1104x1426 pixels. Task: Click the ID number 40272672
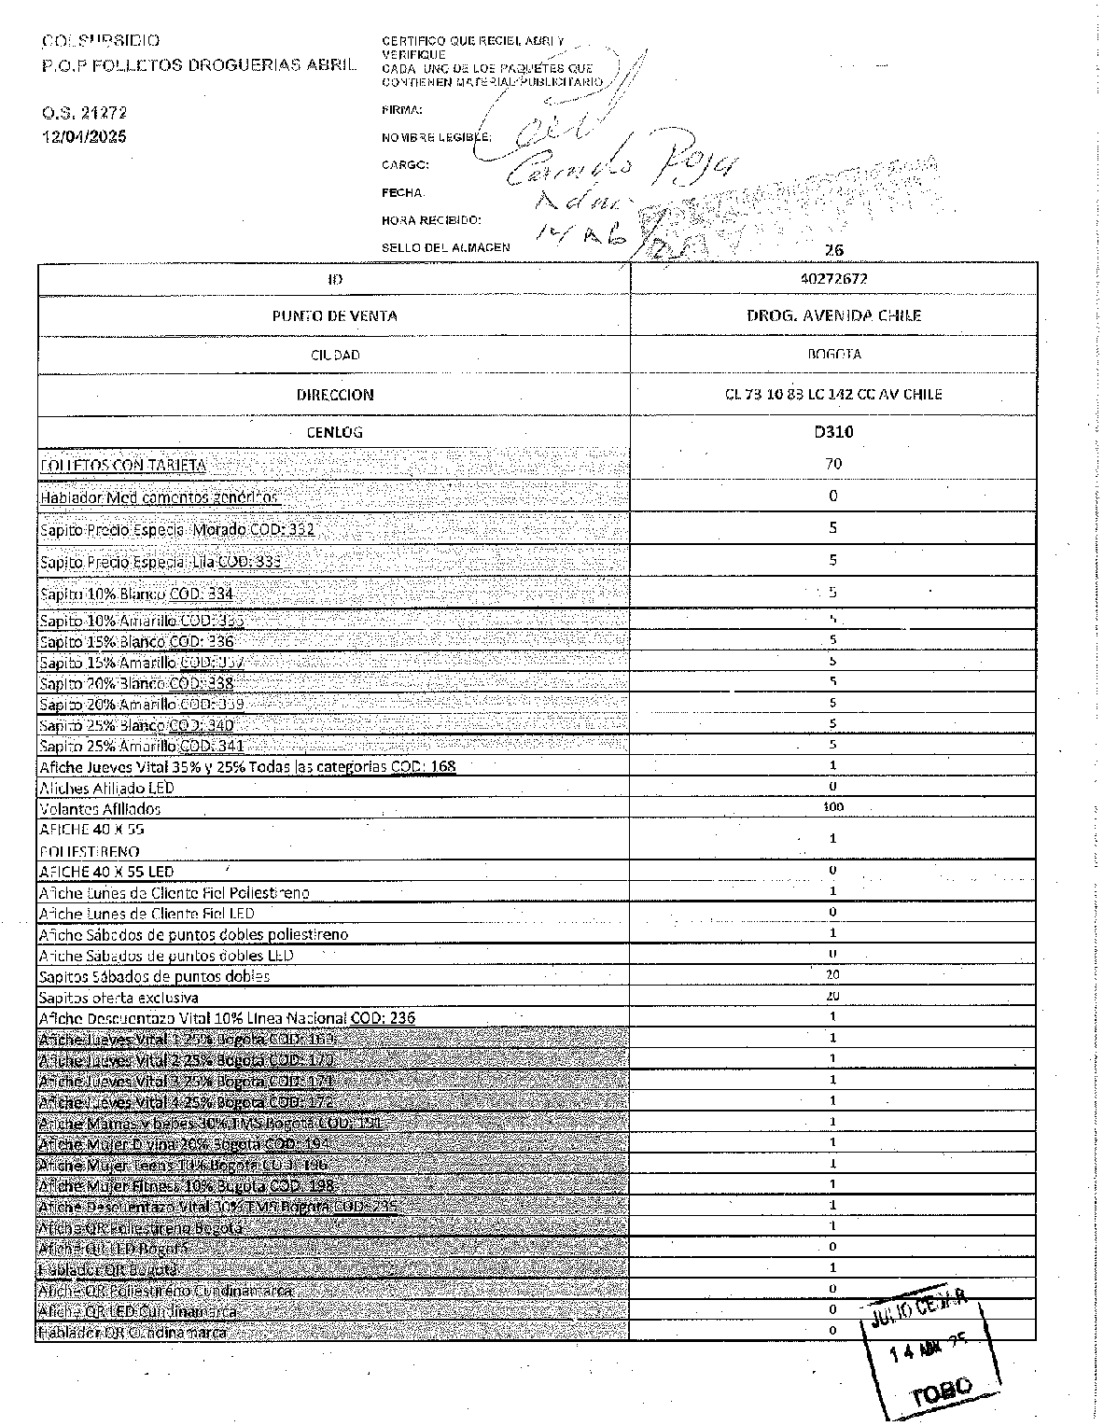(x=833, y=279)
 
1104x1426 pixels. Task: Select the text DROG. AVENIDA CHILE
(x=833, y=315)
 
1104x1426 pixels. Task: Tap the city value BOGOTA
(x=833, y=355)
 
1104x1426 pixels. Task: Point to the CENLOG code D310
(x=833, y=432)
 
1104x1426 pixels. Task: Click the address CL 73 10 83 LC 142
(x=833, y=394)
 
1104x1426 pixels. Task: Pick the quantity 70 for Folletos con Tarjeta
(x=833, y=464)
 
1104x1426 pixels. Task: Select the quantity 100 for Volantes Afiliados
(x=833, y=807)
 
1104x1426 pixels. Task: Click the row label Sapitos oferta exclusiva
(x=119, y=998)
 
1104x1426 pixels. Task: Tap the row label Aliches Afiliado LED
(x=106, y=788)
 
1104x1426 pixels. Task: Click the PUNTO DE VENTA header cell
(x=334, y=315)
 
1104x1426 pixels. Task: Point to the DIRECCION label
(x=334, y=395)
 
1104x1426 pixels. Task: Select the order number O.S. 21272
(x=83, y=113)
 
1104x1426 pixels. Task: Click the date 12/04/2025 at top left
(x=83, y=136)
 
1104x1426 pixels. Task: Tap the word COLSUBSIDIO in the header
(x=101, y=41)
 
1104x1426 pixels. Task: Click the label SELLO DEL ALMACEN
(x=445, y=248)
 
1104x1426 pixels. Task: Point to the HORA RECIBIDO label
(x=430, y=221)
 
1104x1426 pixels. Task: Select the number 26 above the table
(x=834, y=250)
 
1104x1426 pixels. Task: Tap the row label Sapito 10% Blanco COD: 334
(x=136, y=594)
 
